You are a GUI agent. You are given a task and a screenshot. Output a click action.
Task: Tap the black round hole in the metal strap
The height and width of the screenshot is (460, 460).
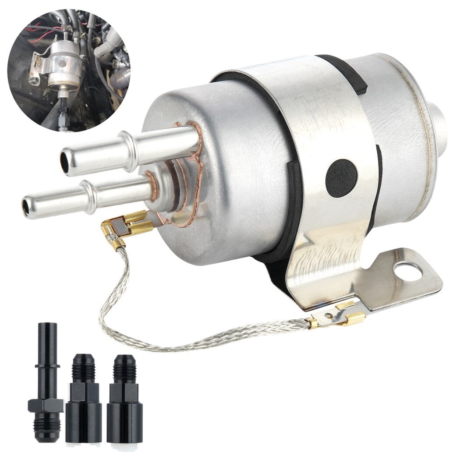tap(341, 178)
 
